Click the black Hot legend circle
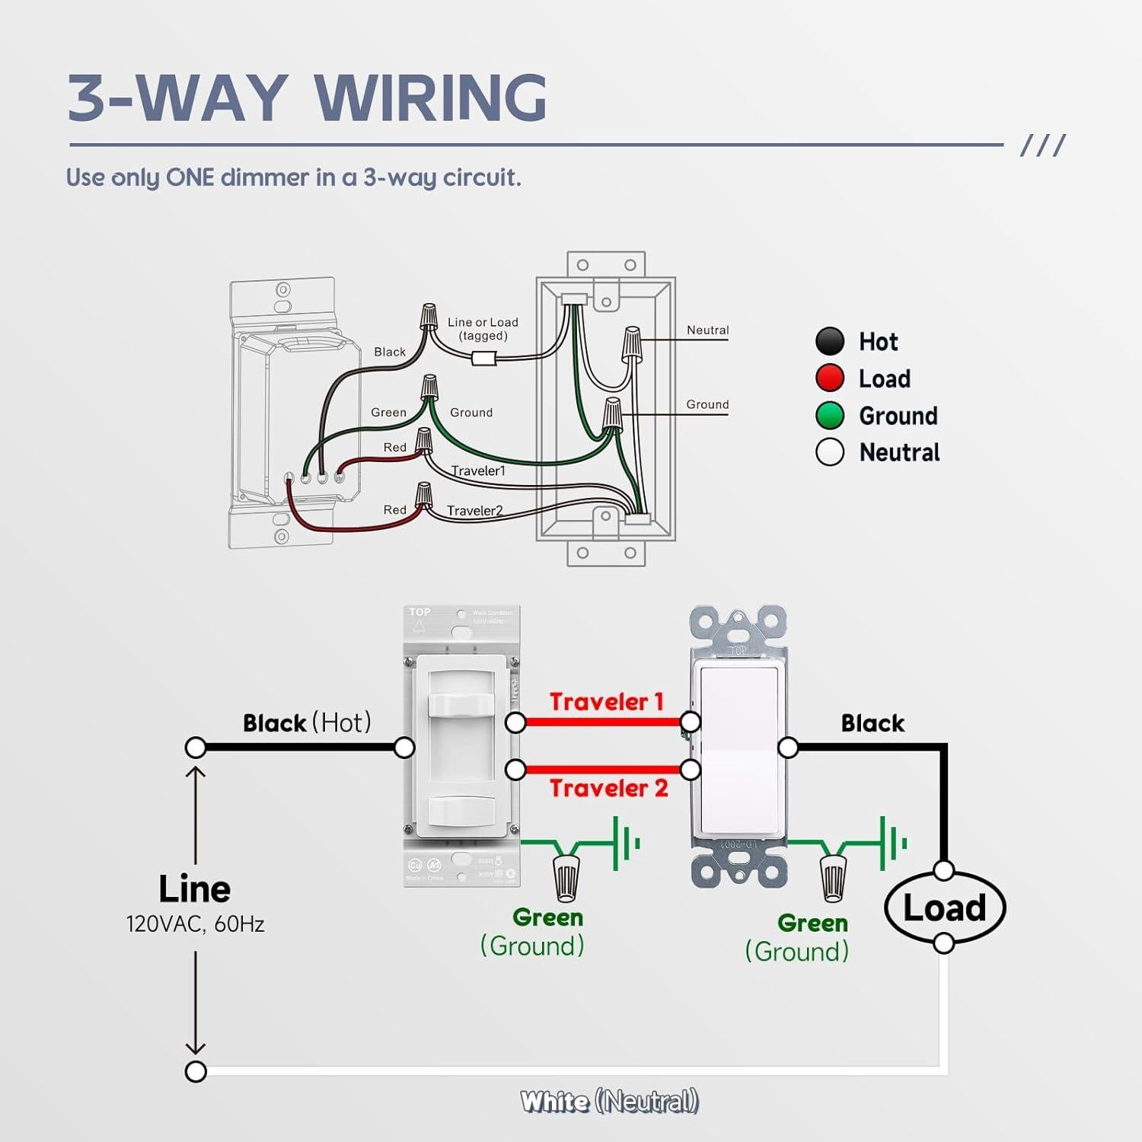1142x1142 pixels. tap(830, 341)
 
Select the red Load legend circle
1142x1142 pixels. tap(830, 378)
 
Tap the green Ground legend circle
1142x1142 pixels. tap(830, 416)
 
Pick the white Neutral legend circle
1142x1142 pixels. tap(830, 452)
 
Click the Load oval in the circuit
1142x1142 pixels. tap(945, 908)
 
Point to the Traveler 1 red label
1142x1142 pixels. tap(606, 701)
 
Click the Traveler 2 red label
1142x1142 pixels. tap(608, 788)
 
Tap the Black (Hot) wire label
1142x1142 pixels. tap(307, 723)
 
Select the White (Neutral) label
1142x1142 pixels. tap(609, 1101)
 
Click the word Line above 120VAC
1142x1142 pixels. tap(195, 888)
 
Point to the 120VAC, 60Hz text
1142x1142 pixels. tap(195, 924)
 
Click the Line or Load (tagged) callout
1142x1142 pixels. tap(483, 329)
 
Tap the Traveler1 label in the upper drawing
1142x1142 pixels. tap(478, 471)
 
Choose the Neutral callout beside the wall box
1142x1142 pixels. tap(707, 330)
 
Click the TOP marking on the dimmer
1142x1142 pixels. tap(419, 612)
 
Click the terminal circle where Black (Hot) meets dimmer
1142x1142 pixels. tap(404, 748)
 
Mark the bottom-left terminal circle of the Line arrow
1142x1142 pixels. tap(196, 1071)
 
